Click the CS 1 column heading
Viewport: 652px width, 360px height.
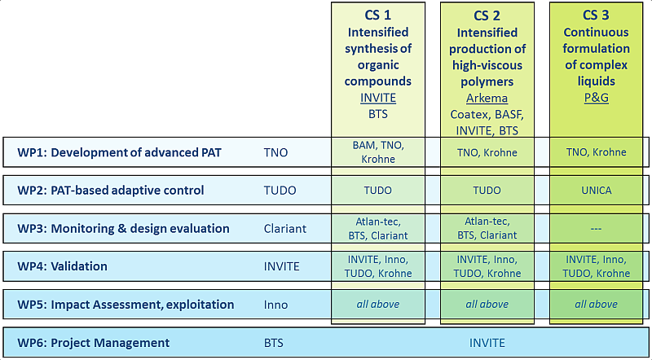(377, 15)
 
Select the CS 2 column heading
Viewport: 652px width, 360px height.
(487, 15)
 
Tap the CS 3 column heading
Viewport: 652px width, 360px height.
(596, 15)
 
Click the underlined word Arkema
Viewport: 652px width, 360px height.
(487, 98)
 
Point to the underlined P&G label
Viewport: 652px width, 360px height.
(596, 98)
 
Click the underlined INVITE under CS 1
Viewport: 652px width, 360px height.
(378, 98)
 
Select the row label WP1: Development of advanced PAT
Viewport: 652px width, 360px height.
(119, 152)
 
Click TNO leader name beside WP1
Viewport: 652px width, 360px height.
(275, 152)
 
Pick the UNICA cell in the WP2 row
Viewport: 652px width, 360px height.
(596, 191)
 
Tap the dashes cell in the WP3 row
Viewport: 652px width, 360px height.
(596, 229)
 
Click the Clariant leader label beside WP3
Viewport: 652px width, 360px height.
(285, 229)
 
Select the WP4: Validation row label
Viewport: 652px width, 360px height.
(63, 266)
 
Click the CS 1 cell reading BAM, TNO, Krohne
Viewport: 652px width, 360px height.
(378, 151)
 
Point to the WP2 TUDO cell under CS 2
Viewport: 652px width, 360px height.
(487, 191)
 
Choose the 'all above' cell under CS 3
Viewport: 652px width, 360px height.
(596, 305)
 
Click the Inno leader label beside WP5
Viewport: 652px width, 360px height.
(275, 305)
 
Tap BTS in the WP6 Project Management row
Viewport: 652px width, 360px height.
(274, 343)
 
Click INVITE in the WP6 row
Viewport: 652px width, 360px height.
(487, 343)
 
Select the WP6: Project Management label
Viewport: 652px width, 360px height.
(94, 343)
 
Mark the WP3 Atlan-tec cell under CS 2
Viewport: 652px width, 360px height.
(487, 228)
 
